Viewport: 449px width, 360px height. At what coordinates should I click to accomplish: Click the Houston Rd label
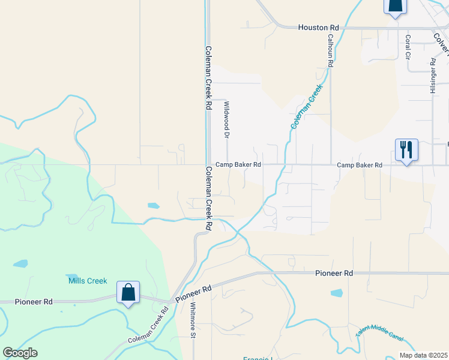click(319, 28)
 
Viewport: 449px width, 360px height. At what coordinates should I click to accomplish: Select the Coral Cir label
click(408, 46)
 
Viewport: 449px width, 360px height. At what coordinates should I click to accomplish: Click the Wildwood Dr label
click(227, 120)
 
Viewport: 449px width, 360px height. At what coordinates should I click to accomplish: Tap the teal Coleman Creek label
click(307, 106)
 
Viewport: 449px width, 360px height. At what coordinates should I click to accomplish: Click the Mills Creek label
click(88, 281)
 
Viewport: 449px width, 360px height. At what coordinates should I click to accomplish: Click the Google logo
click(20, 353)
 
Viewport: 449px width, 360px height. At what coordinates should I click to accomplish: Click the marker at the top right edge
click(395, 6)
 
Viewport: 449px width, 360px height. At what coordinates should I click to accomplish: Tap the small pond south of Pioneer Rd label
click(336, 293)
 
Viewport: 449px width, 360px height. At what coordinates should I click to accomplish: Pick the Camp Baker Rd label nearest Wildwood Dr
click(238, 164)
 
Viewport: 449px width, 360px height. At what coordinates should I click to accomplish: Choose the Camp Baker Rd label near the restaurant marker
click(360, 165)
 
